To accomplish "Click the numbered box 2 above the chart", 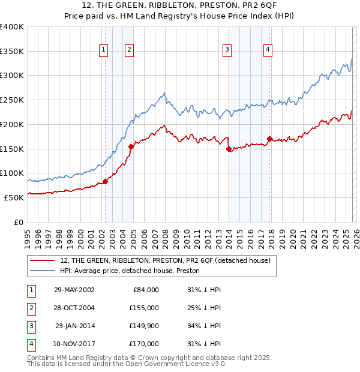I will (130, 50).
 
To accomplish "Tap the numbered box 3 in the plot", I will (227, 50).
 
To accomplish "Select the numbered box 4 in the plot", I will (268, 50).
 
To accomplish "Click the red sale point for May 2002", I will (105, 181).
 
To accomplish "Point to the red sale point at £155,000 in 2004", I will (131, 146).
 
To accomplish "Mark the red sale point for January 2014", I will (229, 150).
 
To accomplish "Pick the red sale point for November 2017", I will (269, 139).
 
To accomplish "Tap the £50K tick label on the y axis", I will (14, 197).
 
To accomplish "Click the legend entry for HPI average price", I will (130, 271).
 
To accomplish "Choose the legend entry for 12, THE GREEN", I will (165, 260).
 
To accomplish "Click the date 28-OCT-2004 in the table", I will (74, 308).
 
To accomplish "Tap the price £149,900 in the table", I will (144, 326).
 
